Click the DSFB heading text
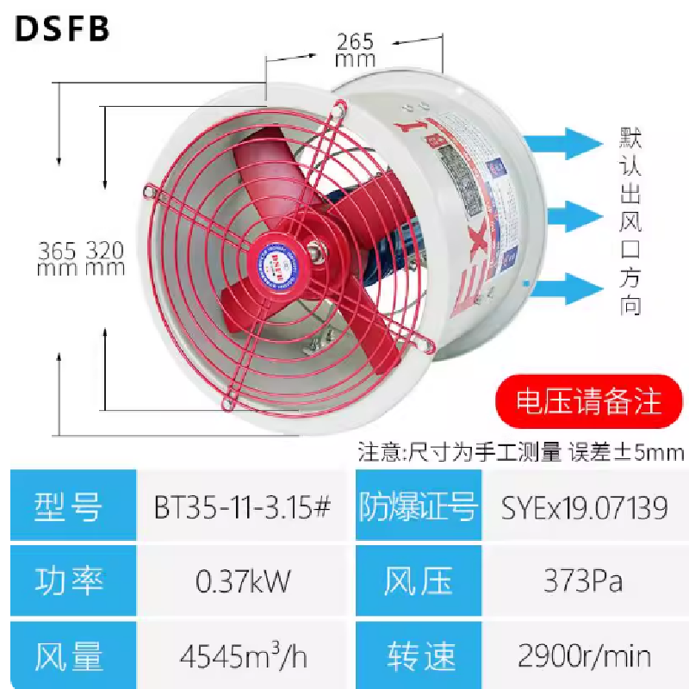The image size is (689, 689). coord(63,28)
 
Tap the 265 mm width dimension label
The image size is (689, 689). coord(356,50)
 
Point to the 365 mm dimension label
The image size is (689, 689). coord(59,258)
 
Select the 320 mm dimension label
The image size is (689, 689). coord(105,258)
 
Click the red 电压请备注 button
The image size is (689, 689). coord(587,402)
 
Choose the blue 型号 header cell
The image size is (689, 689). coord(70,506)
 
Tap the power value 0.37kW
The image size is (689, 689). coord(243,582)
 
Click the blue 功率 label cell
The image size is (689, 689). coord(70,582)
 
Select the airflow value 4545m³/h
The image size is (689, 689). coord(243,657)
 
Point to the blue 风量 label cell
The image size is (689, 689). coord(70,657)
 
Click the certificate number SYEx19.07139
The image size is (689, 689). coord(585,507)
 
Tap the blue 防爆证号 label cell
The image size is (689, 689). coord(418,506)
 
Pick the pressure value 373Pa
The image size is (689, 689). coord(585,582)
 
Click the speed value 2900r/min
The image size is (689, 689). coord(585,657)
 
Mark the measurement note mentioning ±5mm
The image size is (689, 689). coord(521,451)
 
